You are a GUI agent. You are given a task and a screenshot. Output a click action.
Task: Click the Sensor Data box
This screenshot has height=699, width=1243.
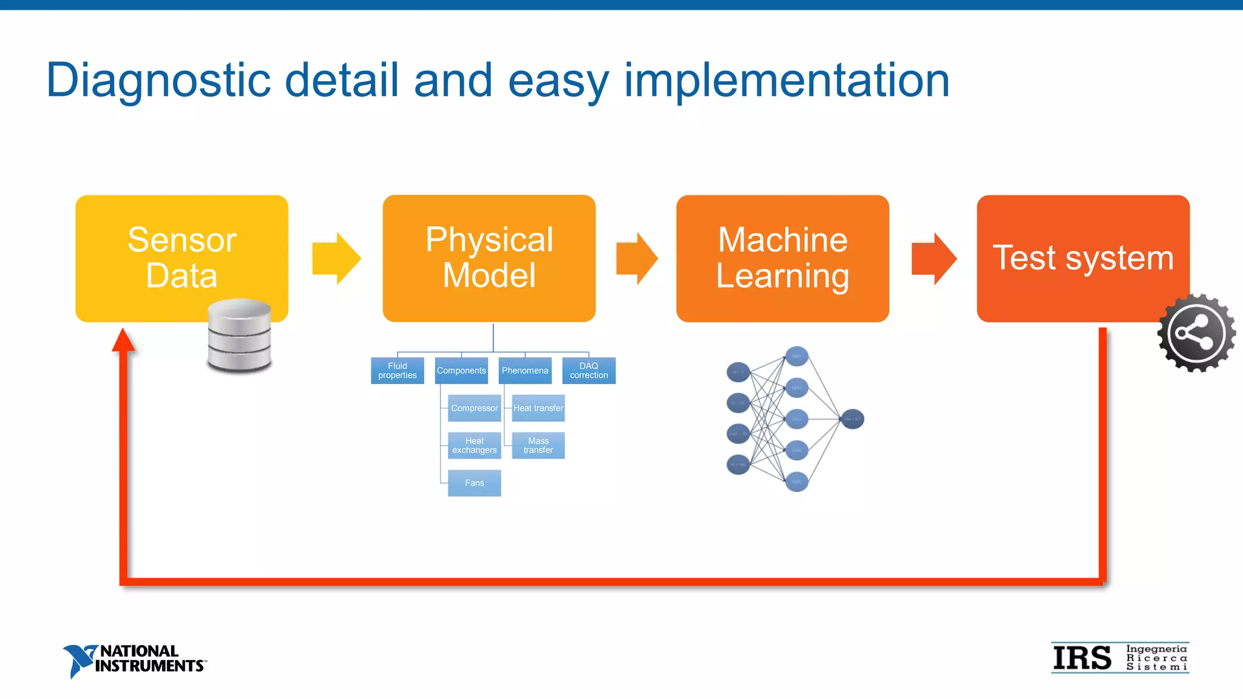181,257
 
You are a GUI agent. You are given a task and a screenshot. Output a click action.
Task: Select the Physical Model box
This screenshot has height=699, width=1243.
489,257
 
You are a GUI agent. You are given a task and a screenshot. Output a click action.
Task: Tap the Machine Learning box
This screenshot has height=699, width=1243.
782,257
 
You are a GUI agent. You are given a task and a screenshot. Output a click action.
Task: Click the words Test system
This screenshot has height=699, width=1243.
1083,257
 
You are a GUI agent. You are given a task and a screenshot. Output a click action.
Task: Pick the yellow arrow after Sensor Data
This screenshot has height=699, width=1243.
336,258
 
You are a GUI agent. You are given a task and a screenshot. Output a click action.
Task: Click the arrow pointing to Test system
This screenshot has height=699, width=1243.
933,258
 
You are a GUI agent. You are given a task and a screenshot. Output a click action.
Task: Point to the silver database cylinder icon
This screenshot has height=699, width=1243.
239,336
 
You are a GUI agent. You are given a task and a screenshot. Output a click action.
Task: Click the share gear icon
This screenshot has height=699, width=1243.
1196,333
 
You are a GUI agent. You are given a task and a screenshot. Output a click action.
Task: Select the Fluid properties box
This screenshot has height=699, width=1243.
397,371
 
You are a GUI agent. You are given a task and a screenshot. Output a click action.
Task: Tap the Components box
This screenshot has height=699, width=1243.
461,371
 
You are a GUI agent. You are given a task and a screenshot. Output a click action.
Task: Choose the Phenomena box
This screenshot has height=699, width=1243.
525,371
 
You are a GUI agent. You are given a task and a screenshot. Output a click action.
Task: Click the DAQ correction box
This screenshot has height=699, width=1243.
589,371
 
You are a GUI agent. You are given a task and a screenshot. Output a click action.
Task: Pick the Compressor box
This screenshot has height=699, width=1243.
474,408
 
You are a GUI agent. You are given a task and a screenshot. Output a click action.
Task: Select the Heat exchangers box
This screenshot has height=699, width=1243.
474,445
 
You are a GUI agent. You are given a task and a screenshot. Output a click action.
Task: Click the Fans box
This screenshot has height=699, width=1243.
474,483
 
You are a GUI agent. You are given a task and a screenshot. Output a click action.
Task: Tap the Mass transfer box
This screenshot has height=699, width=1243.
538,445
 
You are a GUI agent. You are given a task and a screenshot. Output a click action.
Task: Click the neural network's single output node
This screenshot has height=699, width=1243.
852,419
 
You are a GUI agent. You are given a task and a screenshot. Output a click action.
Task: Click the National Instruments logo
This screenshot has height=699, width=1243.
134,660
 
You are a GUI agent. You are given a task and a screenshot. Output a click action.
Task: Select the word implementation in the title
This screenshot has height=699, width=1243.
787,80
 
